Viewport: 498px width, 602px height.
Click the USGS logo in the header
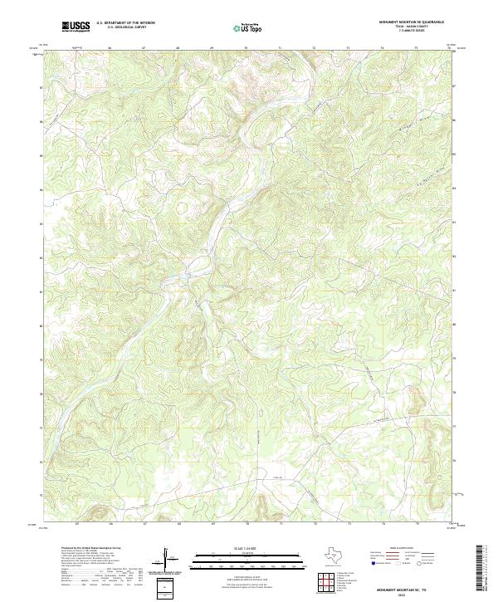[76, 27]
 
